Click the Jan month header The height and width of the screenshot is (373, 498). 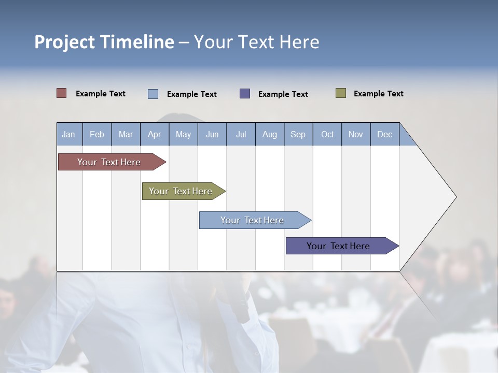click(x=69, y=134)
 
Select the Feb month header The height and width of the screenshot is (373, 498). click(x=97, y=134)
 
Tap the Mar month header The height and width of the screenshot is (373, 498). click(x=126, y=134)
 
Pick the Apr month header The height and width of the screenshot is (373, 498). click(x=154, y=134)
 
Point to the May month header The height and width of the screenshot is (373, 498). click(x=183, y=134)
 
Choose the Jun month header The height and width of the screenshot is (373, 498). click(x=212, y=134)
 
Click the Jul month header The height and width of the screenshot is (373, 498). click(x=241, y=134)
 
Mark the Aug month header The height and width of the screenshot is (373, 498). click(x=270, y=134)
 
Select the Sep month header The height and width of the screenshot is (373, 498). click(x=298, y=134)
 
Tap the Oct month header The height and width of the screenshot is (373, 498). click(x=327, y=134)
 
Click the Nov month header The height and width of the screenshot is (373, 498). click(x=356, y=134)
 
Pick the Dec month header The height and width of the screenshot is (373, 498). click(x=385, y=134)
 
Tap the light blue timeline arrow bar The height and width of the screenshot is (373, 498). click(x=253, y=220)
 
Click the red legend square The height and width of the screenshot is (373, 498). click(x=62, y=93)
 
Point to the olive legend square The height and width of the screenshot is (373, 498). click(x=340, y=93)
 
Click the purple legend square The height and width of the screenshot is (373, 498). click(x=245, y=93)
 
